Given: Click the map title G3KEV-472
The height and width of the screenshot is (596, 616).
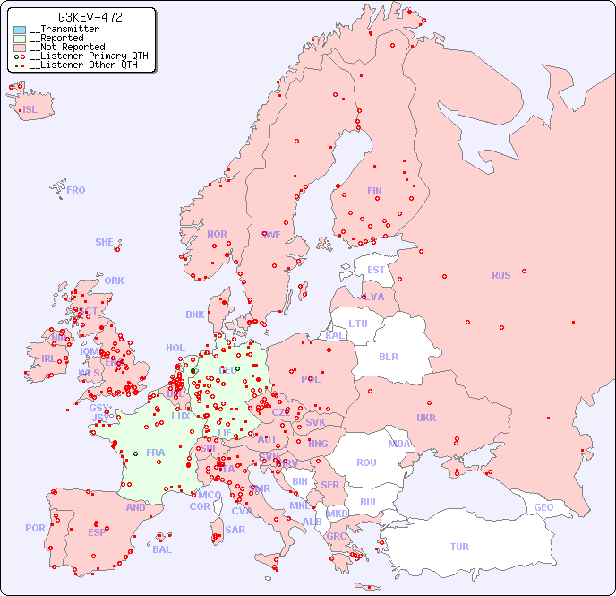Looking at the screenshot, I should point(90,17).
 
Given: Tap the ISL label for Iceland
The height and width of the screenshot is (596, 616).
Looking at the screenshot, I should point(30,110).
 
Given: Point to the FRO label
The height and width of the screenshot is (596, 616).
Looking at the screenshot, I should point(76,190).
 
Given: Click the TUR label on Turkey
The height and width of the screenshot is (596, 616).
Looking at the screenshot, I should point(459,547).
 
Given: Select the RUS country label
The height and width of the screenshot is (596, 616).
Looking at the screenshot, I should point(500,275).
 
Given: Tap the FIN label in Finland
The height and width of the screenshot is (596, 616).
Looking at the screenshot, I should point(374,191).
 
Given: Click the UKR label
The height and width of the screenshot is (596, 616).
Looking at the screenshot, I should point(426,418).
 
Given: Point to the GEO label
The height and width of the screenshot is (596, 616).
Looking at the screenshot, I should point(543,507).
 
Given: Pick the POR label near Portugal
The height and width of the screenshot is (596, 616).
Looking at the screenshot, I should point(35,528).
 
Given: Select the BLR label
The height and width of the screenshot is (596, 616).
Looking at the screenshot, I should point(389,356).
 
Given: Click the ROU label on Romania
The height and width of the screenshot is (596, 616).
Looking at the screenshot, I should point(366,462).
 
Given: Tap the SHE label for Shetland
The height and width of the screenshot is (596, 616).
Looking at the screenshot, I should point(105,242).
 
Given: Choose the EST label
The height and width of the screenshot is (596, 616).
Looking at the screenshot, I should point(376,270).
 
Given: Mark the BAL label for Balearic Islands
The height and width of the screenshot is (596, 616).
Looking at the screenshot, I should point(162,549).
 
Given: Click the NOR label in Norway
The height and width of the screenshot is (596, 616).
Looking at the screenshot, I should point(217,234).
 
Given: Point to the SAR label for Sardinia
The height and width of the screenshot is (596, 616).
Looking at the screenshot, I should point(235,530).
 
